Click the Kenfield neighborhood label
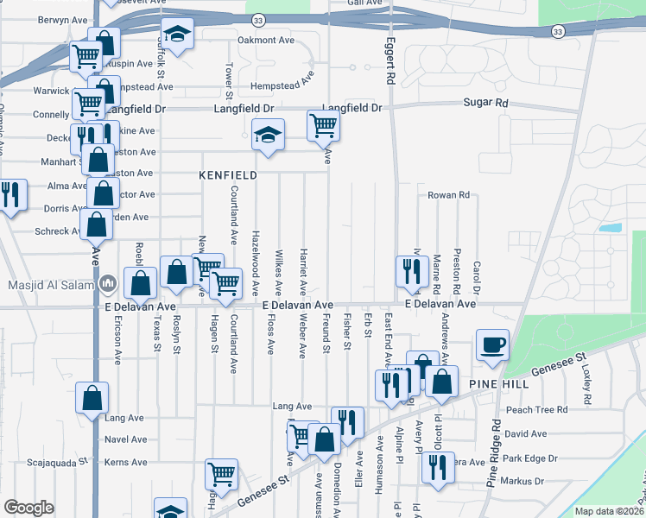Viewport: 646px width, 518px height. pos(228,175)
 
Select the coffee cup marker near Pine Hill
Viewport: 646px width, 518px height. pos(492,344)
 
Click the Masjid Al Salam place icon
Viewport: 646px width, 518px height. pos(108,283)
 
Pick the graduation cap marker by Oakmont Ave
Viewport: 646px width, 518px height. pos(178,35)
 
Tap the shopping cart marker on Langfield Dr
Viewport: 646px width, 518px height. pos(323,125)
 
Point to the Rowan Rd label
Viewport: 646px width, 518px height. pos(448,196)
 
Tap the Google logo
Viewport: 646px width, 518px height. pos(28,508)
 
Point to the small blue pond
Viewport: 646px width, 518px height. pos(610,228)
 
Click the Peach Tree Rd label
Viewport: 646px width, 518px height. pos(537,410)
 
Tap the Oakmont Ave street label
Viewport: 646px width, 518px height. pos(267,40)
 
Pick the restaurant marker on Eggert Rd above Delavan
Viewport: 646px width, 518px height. pos(408,270)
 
